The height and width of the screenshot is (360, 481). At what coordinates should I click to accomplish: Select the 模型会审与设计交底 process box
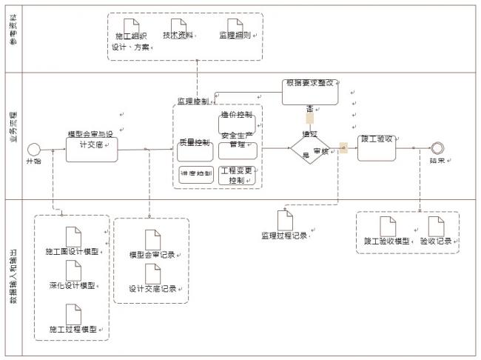pyautogui.click(x=92, y=141)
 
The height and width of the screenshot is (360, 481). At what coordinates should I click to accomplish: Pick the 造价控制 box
pyautogui.click(x=237, y=121)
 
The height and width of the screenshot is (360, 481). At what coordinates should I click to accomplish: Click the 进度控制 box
pyautogui.click(x=195, y=174)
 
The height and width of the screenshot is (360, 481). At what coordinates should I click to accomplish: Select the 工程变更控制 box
pyautogui.click(x=238, y=175)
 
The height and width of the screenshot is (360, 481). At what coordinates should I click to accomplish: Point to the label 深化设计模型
pyautogui.click(x=73, y=286)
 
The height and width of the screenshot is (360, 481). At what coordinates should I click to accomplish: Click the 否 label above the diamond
pyautogui.click(x=310, y=109)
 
